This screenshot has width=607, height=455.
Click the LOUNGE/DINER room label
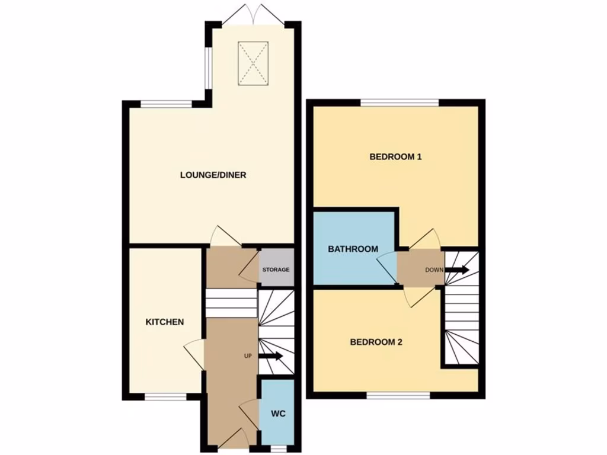[213, 175]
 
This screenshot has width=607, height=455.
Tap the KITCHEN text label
[165, 322]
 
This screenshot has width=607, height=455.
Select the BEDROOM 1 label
[395, 157]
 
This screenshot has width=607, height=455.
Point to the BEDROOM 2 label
[376, 342]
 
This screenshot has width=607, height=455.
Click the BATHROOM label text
[353, 249]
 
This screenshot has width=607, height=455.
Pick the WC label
[279, 414]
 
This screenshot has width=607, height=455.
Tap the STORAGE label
[277, 270]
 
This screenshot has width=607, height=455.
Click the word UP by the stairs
[248, 356]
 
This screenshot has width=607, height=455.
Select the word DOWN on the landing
[434, 270]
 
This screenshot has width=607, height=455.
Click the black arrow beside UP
[270, 356]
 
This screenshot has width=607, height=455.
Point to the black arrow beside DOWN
[457, 270]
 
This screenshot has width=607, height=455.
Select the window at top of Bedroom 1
[400, 102]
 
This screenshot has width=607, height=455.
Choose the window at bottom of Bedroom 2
[398, 395]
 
